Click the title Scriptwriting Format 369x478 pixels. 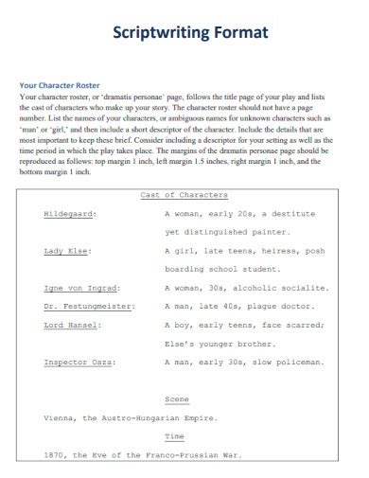pyautogui.click(x=190, y=33)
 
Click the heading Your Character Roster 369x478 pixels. pyautogui.click(x=61, y=85)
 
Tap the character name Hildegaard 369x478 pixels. pyautogui.click(x=69, y=214)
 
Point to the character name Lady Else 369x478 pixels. pyautogui.click(x=65, y=251)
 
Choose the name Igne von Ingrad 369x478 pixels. pyautogui.click(x=79, y=288)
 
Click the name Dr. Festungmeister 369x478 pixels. pyautogui.click(x=88, y=306)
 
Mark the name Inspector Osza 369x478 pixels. pyautogui.click(x=79, y=362)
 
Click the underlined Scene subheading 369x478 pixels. pyautogui.click(x=177, y=398)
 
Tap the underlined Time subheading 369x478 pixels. pyautogui.click(x=175, y=435)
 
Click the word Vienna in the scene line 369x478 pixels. pyautogui.click(x=61, y=417)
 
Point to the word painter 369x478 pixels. pyautogui.click(x=290, y=232)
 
